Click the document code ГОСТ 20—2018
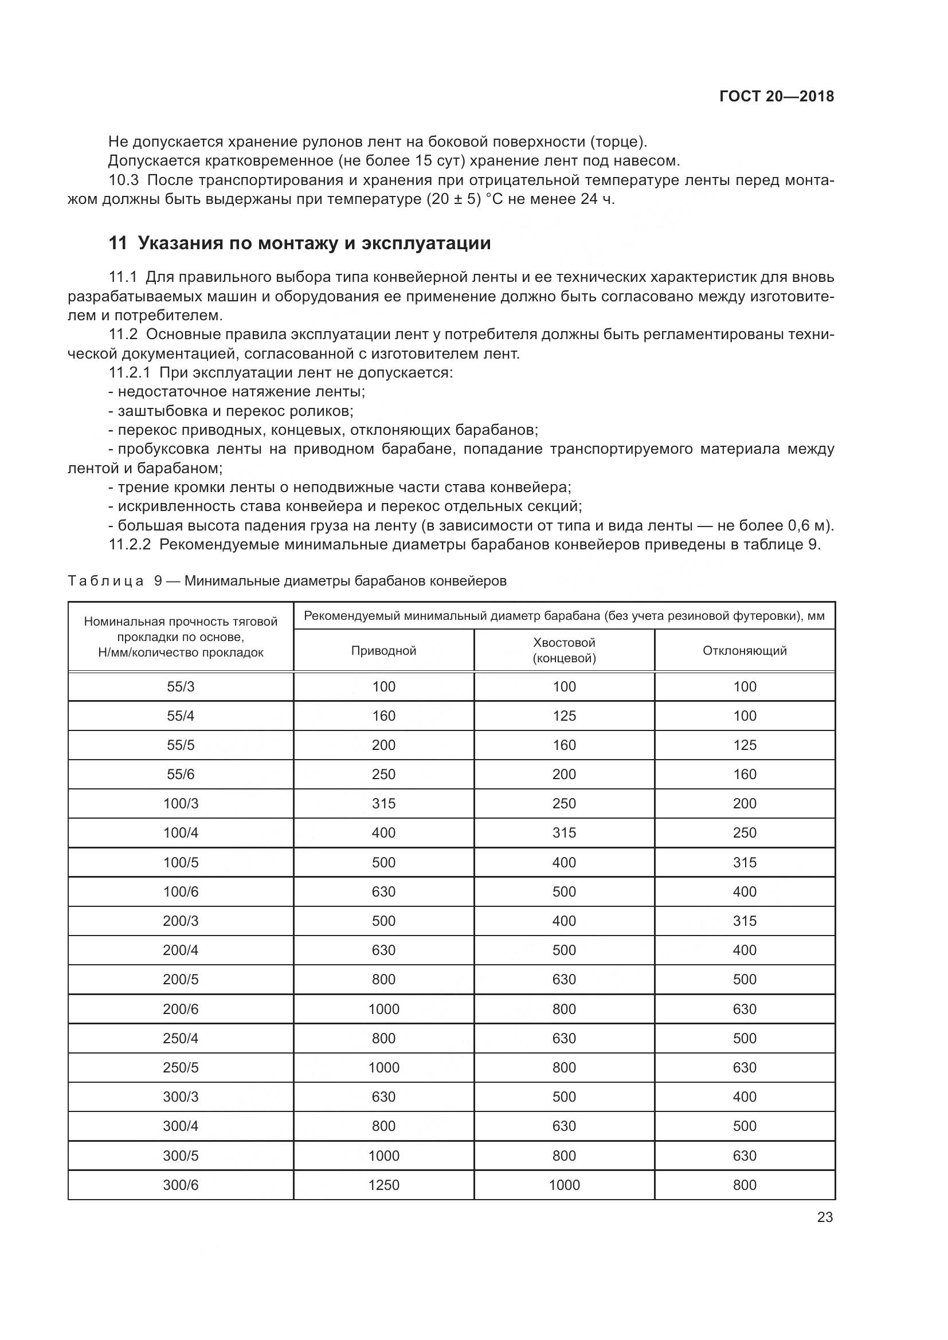[x=776, y=97]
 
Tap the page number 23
[x=825, y=1217]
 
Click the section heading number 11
[x=117, y=243]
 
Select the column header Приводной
[x=383, y=651]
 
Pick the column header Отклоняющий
[x=745, y=651]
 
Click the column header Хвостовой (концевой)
[x=564, y=651]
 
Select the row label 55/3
[x=181, y=687]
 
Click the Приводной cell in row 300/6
[x=383, y=1185]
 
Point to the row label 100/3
[x=181, y=804]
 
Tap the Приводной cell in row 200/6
[x=383, y=1009]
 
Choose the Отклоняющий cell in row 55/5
[x=745, y=745]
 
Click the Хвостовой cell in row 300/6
[x=564, y=1185]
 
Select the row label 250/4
[x=181, y=1038]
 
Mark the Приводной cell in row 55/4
[x=383, y=716]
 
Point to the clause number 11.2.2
[x=130, y=545]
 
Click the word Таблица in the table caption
[x=105, y=581]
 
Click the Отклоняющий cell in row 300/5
[x=745, y=1156]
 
